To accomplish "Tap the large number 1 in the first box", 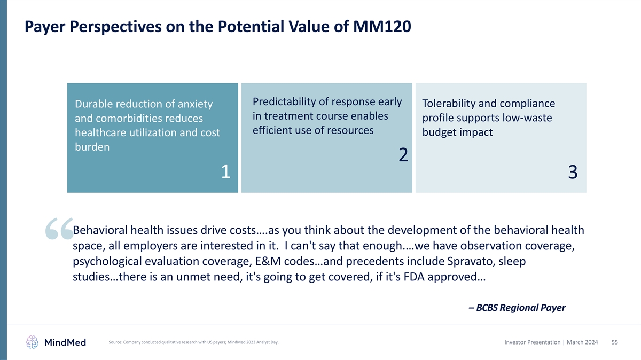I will (225, 171).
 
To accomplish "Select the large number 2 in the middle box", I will (403, 155).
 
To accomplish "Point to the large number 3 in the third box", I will (573, 172).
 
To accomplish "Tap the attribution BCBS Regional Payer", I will (517, 308).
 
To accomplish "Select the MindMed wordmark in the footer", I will (65, 342).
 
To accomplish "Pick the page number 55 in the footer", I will (614, 342).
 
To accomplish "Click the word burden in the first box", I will (92, 147).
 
